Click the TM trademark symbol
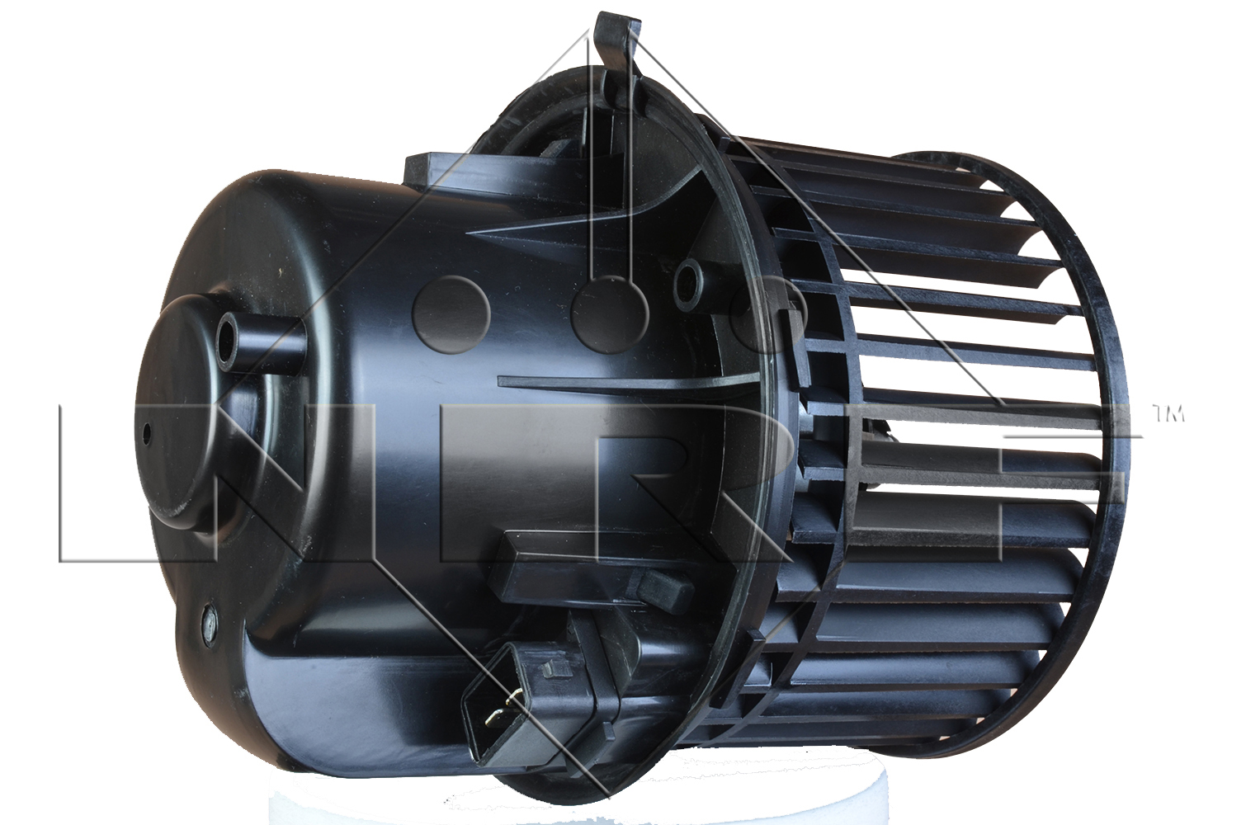pyautogui.click(x=1167, y=414)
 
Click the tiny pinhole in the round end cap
pyautogui.click(x=147, y=433)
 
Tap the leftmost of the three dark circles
pyautogui.click(x=451, y=315)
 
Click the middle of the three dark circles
pyautogui.click(x=610, y=315)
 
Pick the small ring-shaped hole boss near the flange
pyautogui.click(x=691, y=283)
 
